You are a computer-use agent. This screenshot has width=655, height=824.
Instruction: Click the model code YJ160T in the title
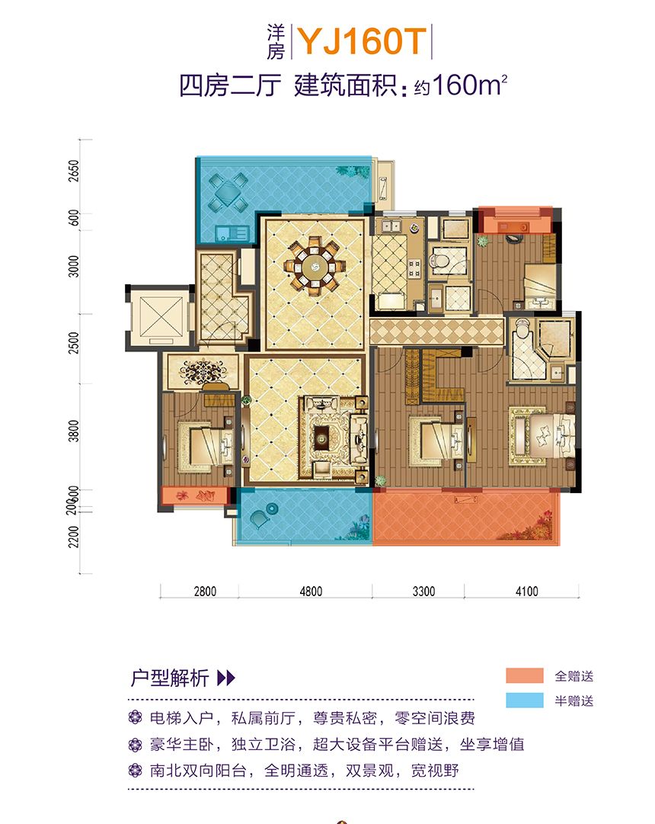[x=362, y=41]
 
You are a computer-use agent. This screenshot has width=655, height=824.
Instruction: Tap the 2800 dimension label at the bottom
[x=205, y=592]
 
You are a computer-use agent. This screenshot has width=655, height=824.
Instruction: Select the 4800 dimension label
[x=311, y=592]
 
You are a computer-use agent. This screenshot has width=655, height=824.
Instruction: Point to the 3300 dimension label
[x=423, y=592]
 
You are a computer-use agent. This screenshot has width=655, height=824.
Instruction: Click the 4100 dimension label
[x=526, y=592]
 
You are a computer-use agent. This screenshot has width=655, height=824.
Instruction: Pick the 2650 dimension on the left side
[x=74, y=171]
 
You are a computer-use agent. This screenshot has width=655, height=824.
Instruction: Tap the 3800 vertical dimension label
[x=74, y=431]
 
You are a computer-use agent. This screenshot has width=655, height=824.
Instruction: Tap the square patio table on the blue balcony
[x=228, y=192]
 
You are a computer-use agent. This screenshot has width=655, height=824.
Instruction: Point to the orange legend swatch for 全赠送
[x=524, y=676]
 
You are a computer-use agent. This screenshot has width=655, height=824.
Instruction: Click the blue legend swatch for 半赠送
[x=524, y=701]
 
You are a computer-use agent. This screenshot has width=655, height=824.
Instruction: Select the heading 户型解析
[x=170, y=678]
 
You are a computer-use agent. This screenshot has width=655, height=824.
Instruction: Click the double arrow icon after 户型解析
[x=226, y=678]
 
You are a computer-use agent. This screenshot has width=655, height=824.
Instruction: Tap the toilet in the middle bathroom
[x=439, y=260]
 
